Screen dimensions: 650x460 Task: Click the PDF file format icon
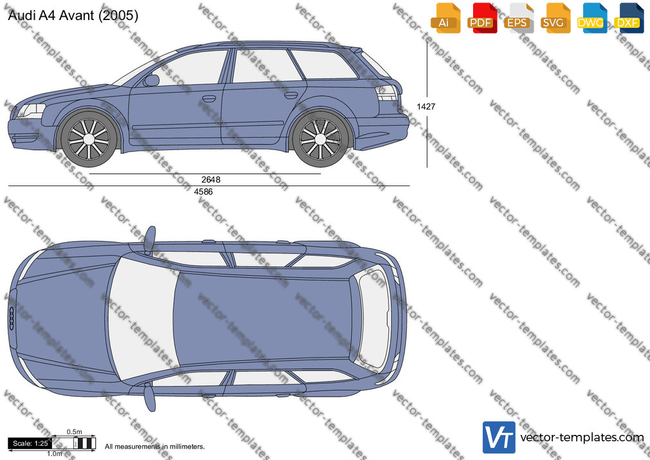[482, 19]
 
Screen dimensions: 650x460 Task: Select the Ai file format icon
[445, 19]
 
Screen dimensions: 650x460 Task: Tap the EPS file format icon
[519, 19]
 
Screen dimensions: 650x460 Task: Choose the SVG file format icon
[555, 19]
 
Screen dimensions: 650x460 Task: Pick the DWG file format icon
[592, 19]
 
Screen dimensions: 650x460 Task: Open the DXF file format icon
[629, 19]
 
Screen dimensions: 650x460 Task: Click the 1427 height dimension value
[426, 107]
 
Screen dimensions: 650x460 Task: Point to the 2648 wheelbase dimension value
[210, 180]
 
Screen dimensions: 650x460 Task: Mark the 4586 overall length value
[203, 192]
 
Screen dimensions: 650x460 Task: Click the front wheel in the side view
[89, 138]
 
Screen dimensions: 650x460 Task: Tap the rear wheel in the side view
[320, 139]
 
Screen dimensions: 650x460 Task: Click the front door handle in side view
[209, 99]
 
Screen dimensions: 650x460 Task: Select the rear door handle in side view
[291, 95]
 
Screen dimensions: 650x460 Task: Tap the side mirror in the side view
[152, 80]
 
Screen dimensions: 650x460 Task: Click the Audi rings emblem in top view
[12, 319]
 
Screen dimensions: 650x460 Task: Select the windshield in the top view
[143, 319]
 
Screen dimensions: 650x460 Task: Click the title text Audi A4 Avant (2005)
[73, 15]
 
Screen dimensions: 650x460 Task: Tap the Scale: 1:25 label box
[30, 443]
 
